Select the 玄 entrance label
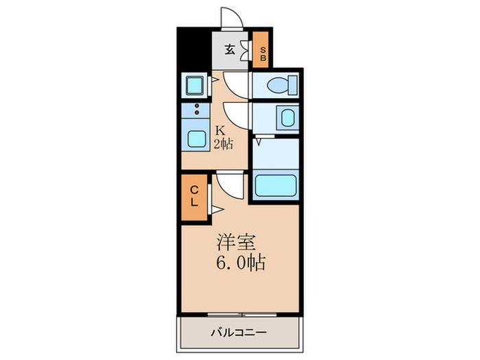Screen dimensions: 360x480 [230, 49]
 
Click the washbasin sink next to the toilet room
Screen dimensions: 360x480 [286, 117]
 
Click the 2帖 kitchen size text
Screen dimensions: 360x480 [222, 144]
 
